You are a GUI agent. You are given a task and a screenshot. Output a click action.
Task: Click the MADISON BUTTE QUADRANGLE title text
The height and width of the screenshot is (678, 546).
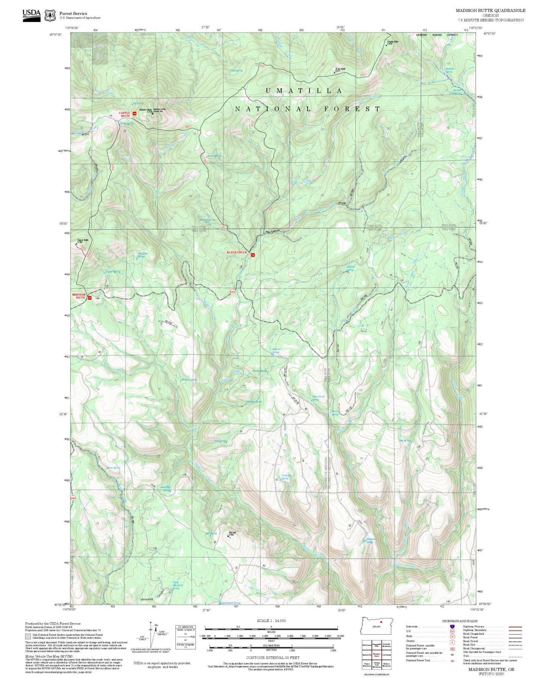pyautogui.click(x=490, y=11)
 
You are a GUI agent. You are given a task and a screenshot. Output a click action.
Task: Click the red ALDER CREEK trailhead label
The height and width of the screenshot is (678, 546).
pyautogui.click(x=237, y=252)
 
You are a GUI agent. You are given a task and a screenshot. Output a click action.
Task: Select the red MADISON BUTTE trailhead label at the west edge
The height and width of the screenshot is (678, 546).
pyautogui.click(x=79, y=296)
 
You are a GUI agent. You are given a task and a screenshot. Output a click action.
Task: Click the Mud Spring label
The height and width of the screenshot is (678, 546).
pyautogui.click(x=236, y=71)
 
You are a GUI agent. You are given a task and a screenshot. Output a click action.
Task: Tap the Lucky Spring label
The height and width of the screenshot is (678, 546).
pyautogui.click(x=213, y=156)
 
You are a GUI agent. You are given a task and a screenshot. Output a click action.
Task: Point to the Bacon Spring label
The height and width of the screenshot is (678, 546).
pyautogui.click(x=113, y=468)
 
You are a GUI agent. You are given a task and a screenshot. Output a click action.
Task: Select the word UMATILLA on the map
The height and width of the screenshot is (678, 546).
pyautogui.click(x=304, y=91)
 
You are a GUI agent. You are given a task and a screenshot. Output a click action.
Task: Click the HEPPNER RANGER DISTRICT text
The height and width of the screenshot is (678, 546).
pyautogui.click(x=436, y=35)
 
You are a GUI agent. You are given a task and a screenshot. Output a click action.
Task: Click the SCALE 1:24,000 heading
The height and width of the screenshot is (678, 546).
pyautogui.click(x=271, y=621)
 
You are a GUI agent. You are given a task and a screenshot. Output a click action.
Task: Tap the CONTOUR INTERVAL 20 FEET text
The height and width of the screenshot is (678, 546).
pyautogui.click(x=272, y=658)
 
